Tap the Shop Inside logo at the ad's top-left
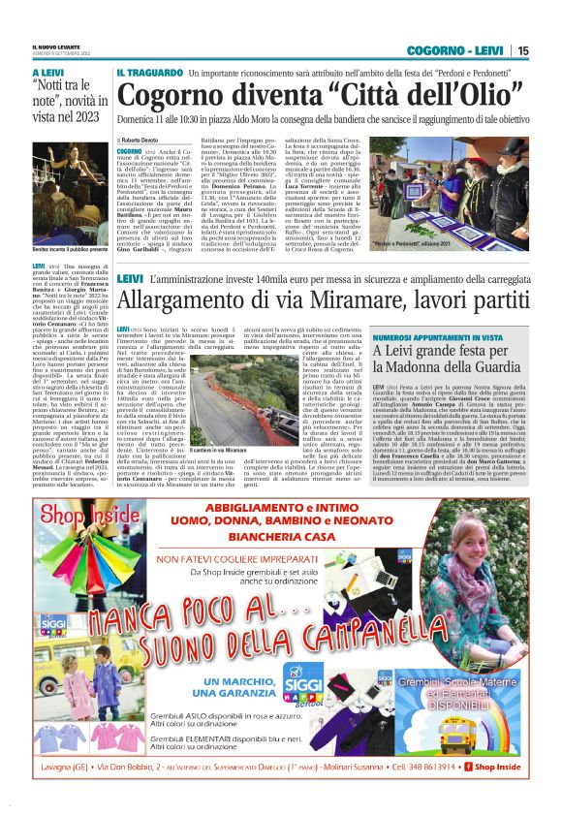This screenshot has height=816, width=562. coord(73,514)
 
